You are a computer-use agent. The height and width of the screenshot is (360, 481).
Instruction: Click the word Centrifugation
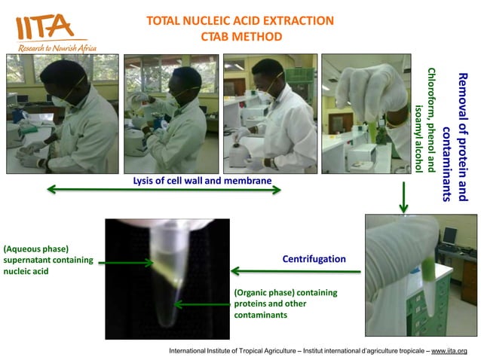click(x=314, y=259)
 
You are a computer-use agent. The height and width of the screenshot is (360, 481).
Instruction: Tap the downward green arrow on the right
click(x=403, y=196)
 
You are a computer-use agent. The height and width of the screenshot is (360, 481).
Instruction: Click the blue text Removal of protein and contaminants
click(x=455, y=136)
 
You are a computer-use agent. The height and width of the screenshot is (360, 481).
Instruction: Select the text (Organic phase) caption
click(x=286, y=292)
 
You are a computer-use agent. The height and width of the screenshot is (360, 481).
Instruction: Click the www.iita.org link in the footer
click(x=449, y=351)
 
